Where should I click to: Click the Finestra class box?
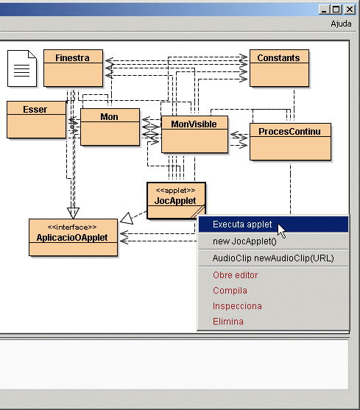[x=73, y=68]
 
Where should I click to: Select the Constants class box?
[x=279, y=68]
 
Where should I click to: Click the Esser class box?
[x=36, y=119]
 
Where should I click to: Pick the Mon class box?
[x=110, y=127]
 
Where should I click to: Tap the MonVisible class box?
[x=195, y=135]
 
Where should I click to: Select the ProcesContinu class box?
[x=291, y=142]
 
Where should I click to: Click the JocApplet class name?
[x=175, y=201]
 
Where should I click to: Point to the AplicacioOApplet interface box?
[x=73, y=238]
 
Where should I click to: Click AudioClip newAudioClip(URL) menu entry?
[x=273, y=258]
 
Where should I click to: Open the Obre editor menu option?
[x=236, y=275]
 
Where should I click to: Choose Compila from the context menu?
[x=230, y=291]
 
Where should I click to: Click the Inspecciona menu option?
[x=237, y=306]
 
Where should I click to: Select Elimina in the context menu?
[x=228, y=322]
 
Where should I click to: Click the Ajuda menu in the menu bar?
[x=341, y=24]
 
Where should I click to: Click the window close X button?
[x=350, y=10]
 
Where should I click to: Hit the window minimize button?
[x=324, y=10]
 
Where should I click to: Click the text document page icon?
[x=22, y=68]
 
